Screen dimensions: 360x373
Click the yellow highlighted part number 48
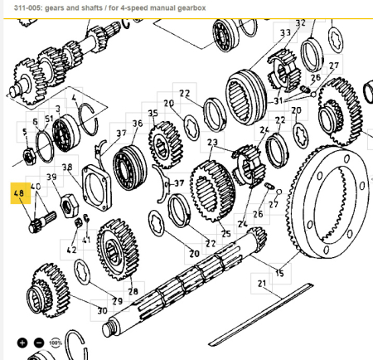pos(18,195)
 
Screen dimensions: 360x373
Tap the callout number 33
pos(286,33)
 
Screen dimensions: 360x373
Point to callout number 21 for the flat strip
pos(263,284)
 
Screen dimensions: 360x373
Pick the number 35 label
pos(153,113)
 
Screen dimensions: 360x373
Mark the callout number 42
pos(72,248)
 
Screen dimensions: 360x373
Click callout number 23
pos(212,143)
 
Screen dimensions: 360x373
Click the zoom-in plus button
pos(22,342)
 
